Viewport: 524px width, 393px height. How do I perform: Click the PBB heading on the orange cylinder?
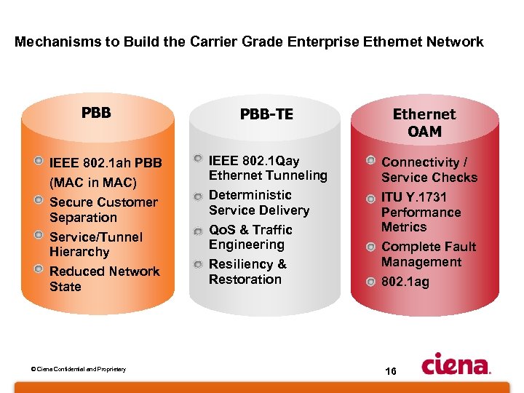(96, 113)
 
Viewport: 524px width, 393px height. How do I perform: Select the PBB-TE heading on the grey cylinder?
(266, 114)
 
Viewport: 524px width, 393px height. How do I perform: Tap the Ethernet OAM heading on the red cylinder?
(424, 123)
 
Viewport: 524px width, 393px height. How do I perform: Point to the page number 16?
(390, 371)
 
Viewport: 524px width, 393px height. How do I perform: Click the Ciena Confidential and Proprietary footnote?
(79, 369)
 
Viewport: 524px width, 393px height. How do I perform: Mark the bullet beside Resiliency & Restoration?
(199, 263)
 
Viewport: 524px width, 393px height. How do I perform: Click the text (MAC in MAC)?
(93, 182)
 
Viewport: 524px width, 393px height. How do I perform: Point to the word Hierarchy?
(79, 252)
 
